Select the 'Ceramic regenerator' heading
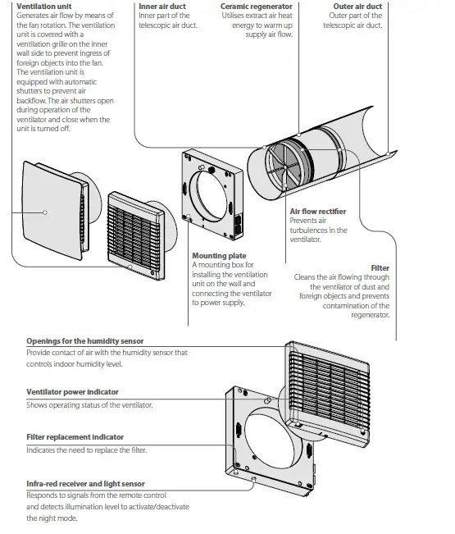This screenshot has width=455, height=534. [256, 7]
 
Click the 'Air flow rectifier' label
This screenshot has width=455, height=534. [317, 212]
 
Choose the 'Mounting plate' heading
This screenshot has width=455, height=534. [219, 256]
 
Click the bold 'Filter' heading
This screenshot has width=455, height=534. [380, 268]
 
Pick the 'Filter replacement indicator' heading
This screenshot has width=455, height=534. [75, 437]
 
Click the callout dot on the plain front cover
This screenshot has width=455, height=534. [45, 212]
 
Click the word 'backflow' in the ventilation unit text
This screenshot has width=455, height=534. [31, 101]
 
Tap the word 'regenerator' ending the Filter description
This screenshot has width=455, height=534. [371, 314]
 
